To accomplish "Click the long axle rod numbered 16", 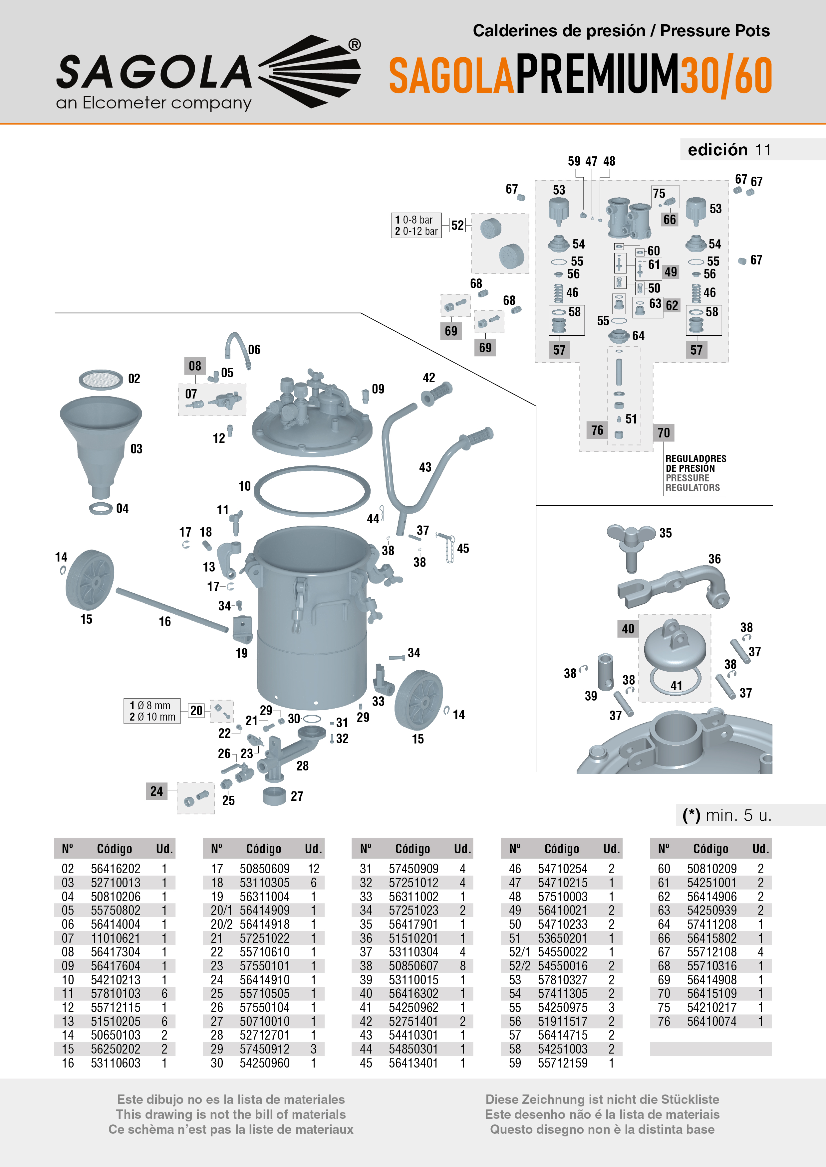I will (172, 610).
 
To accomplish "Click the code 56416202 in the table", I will (116, 869).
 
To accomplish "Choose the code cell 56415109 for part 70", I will (711, 994).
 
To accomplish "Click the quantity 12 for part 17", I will (313, 869).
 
